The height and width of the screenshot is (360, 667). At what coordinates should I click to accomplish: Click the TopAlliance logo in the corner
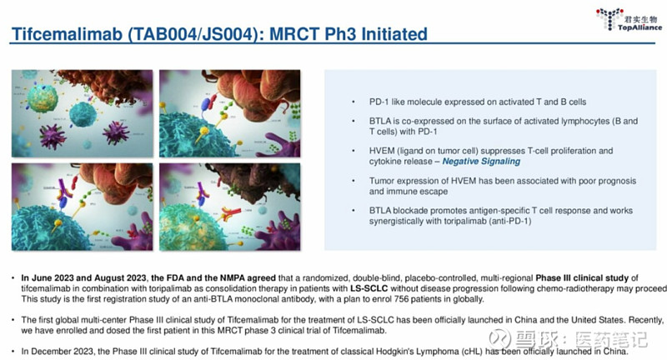click(629, 19)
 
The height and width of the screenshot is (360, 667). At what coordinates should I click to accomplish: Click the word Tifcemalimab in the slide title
click(68, 34)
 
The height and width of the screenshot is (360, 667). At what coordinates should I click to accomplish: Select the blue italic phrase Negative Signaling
click(481, 162)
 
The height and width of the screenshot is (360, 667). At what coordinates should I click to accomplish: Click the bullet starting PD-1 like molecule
click(477, 102)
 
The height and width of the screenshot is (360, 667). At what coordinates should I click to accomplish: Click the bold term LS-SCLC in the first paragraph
click(369, 288)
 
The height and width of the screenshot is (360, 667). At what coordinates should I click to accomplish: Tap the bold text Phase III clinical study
click(581, 278)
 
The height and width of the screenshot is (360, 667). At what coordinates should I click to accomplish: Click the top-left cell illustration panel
click(82, 113)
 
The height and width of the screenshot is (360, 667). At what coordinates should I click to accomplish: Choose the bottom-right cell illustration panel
click(230, 207)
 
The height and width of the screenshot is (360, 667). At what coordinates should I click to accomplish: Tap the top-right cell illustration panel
click(230, 113)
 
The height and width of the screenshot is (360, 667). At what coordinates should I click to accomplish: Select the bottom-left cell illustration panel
click(82, 207)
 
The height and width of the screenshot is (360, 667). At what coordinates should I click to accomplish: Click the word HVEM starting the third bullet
click(380, 151)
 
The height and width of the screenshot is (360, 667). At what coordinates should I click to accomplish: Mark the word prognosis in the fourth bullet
click(617, 181)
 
